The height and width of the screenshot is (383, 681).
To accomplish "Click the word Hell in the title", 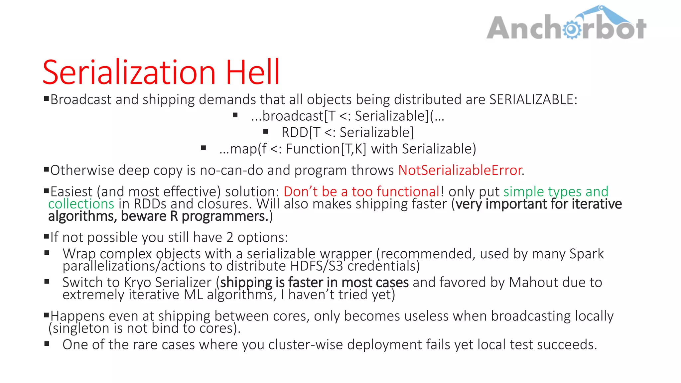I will tap(253, 72).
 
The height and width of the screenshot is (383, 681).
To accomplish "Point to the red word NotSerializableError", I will tap(460, 170).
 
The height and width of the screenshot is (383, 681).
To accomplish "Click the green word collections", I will tap(81, 204).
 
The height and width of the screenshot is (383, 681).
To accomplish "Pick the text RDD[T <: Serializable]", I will tap(347, 132).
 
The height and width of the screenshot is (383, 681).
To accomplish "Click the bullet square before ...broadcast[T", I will tap(235, 115).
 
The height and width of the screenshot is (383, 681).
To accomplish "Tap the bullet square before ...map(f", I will tap(204, 148).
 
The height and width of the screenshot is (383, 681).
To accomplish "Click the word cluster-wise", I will tap(306, 344).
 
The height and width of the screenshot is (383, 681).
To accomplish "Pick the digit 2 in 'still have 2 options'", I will tap(230, 237).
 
